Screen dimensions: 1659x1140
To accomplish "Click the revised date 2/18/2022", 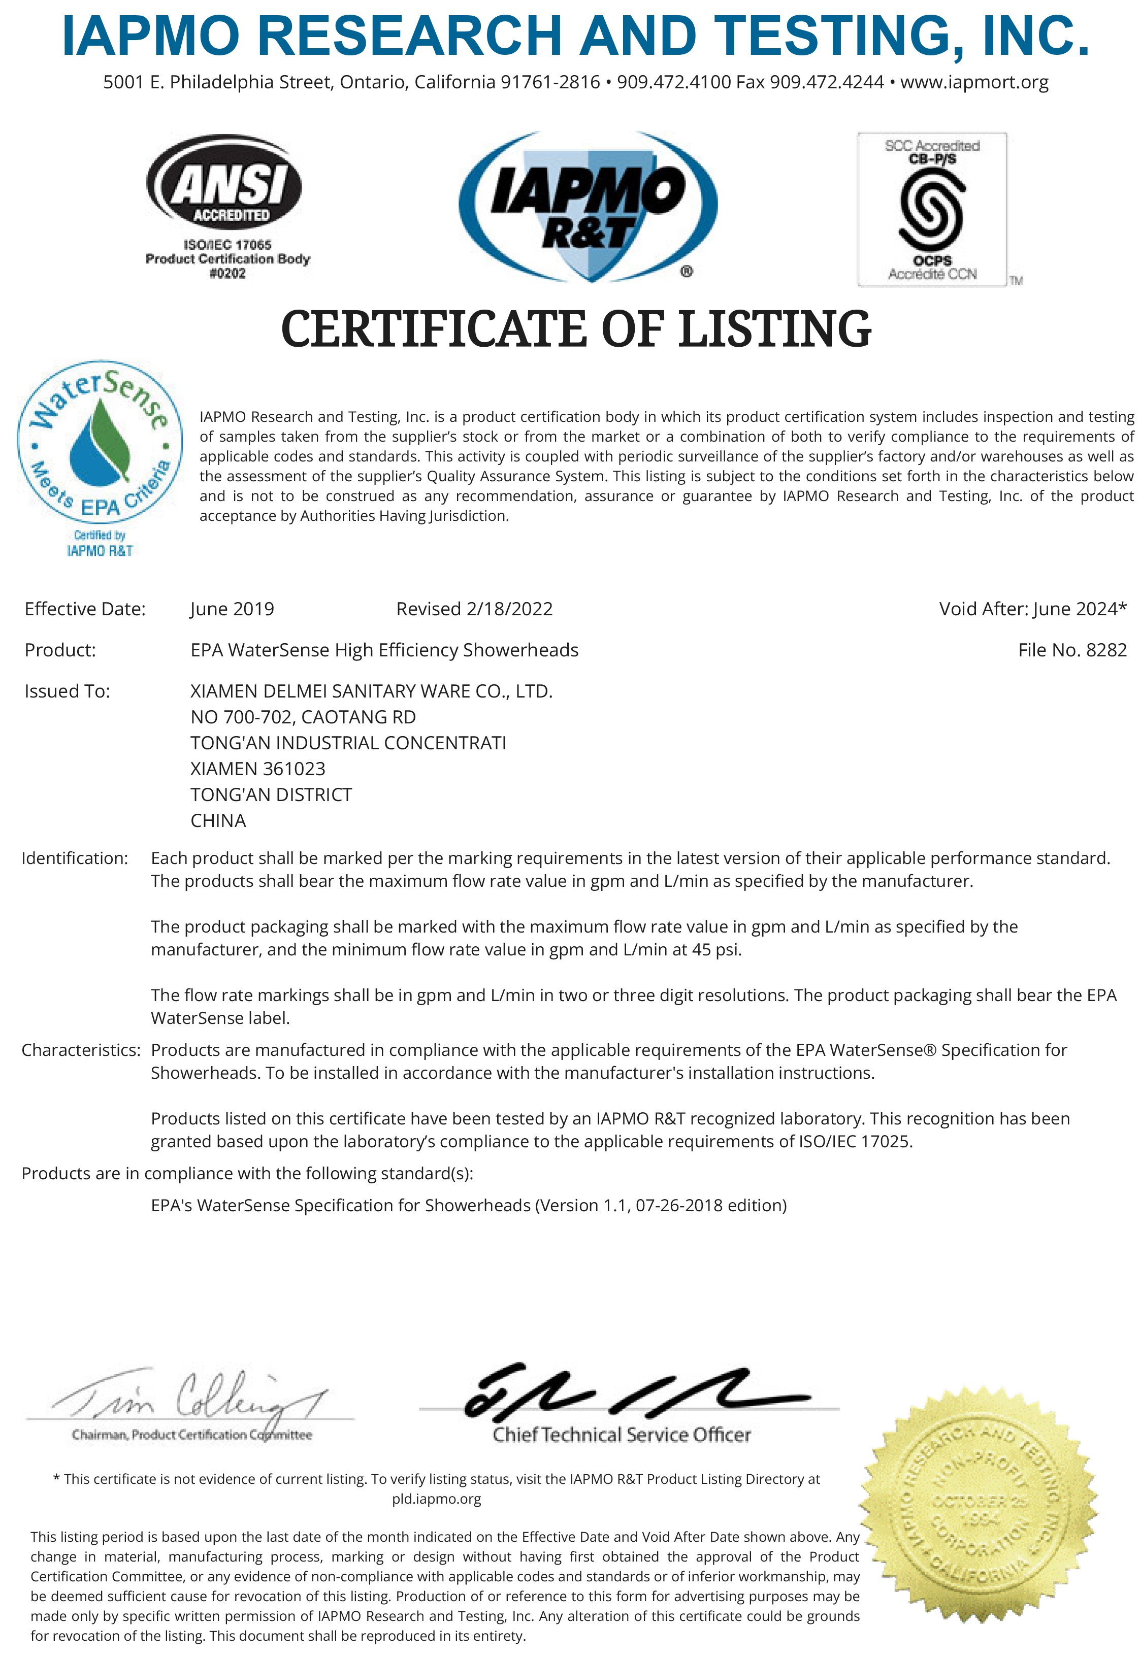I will coord(509,609).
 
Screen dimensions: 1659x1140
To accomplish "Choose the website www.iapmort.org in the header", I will coord(974,82).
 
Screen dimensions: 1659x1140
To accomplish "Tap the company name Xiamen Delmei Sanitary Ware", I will coord(371,691).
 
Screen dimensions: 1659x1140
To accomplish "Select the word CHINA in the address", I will coord(218,820).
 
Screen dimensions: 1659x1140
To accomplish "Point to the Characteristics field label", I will coord(81,1050).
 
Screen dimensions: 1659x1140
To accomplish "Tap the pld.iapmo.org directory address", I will coord(436,1499).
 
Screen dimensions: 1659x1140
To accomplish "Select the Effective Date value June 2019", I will coord(232,609).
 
